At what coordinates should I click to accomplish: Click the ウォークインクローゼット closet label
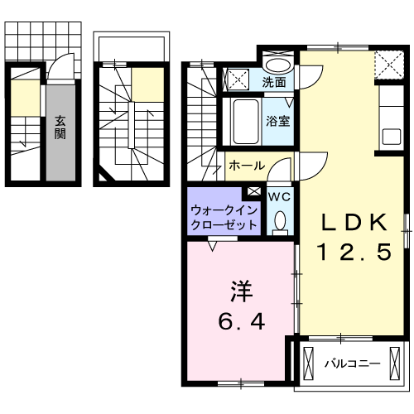223,217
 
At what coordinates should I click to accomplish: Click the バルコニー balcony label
352,363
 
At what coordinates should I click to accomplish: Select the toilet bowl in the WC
280,220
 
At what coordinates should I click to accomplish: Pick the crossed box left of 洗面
238,79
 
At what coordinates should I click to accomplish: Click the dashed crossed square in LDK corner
385,63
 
